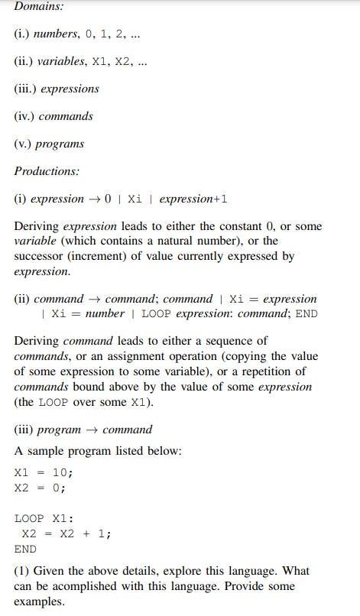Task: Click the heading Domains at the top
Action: [x=39, y=6]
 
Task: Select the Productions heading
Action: [x=47, y=171]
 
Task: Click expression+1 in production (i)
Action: [x=193, y=199]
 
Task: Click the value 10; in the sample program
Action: [x=63, y=472]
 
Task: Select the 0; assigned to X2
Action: [x=59, y=488]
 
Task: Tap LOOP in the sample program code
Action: [x=30, y=518]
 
